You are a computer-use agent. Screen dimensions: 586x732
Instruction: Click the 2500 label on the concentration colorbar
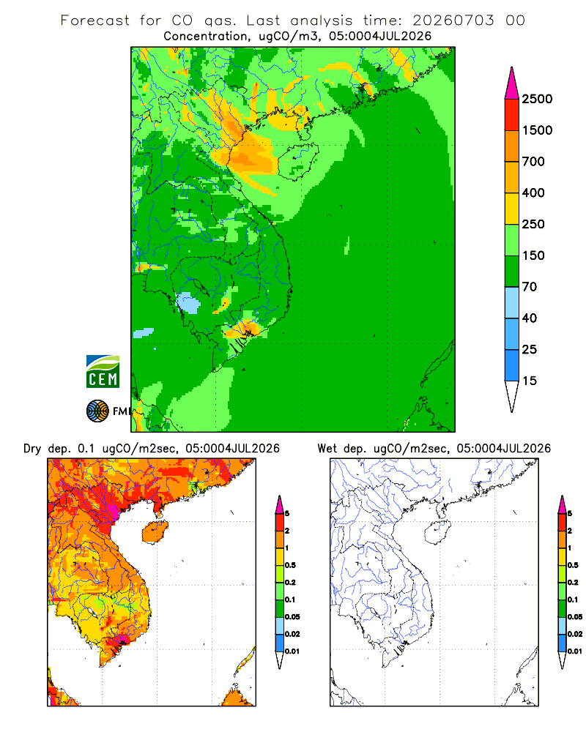click(x=537, y=99)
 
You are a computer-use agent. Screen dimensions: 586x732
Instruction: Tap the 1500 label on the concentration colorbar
click(x=537, y=130)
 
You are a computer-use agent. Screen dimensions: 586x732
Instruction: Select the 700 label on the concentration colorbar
click(x=533, y=162)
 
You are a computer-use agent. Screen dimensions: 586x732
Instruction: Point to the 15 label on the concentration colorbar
click(x=530, y=381)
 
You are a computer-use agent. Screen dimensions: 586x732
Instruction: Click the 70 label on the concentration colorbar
click(x=530, y=287)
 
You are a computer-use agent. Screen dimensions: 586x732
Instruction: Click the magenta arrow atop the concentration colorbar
click(x=512, y=83)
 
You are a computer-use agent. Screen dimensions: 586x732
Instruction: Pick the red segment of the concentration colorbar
click(x=512, y=115)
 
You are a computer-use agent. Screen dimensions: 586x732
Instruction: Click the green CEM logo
click(x=103, y=372)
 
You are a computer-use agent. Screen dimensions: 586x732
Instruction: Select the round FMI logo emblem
click(x=97, y=411)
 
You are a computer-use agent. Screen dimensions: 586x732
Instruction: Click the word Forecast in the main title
click(x=95, y=20)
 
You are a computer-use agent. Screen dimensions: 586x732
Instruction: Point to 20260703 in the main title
click(x=453, y=20)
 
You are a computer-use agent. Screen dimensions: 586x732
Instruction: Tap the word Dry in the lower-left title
click(x=32, y=449)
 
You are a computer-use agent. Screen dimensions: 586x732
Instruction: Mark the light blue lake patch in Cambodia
click(x=188, y=303)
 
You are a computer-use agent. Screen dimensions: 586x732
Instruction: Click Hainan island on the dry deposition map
click(x=155, y=531)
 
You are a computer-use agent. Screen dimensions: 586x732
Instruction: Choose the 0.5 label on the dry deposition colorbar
click(x=290, y=565)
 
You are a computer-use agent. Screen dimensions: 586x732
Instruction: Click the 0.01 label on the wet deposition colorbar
click(x=575, y=651)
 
